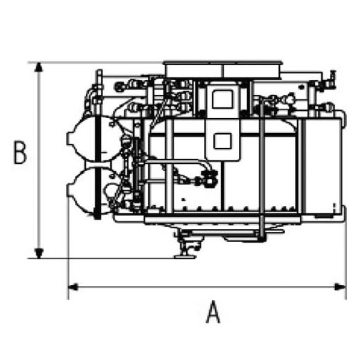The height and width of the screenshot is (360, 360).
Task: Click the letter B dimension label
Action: pos(20,152)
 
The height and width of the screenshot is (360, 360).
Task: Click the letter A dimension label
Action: pos(213,312)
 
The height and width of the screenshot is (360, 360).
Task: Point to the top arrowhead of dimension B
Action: pos(39,67)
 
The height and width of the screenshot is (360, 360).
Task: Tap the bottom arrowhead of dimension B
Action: pos(39,253)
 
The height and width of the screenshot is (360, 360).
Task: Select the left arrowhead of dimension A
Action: pos(73,287)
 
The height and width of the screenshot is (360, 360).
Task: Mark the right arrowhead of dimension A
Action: pos(341,287)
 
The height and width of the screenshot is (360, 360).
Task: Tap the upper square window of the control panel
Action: pos(223,99)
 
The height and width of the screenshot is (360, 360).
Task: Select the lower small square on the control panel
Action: pos(223,141)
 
